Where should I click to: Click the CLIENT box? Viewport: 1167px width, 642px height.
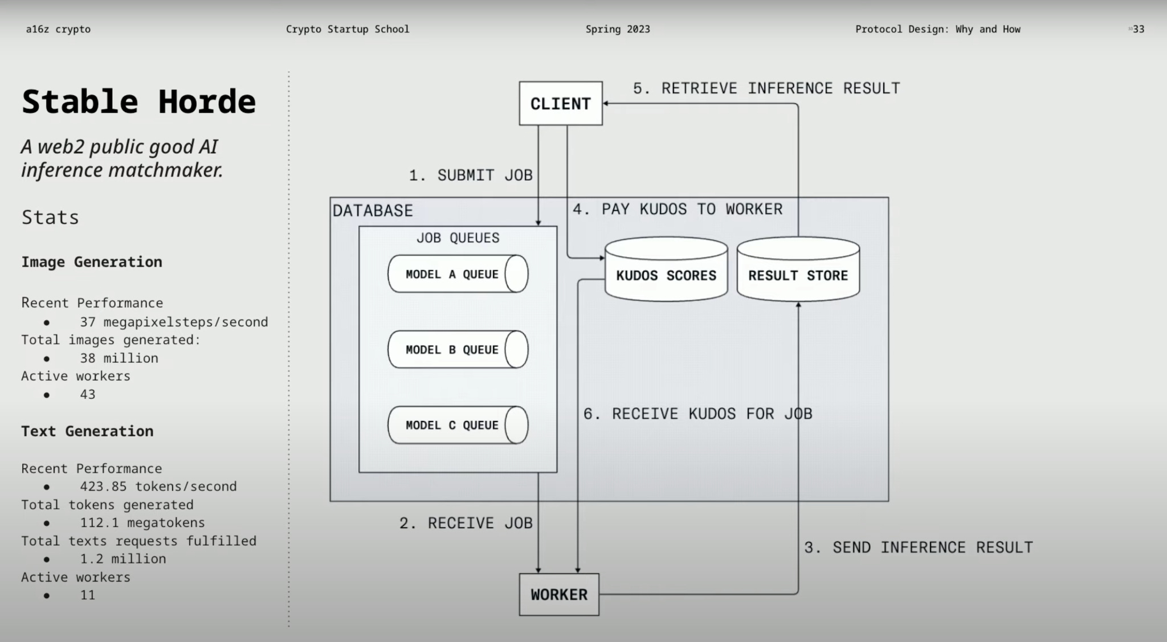(560, 104)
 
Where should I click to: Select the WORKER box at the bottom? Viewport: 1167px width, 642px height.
(558, 595)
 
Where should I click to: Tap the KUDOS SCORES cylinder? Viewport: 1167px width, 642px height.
(666, 275)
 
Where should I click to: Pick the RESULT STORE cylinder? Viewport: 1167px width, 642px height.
(798, 275)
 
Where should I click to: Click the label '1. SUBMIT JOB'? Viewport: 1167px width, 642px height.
(471, 175)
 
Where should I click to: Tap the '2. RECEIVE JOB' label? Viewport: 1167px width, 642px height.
(466, 523)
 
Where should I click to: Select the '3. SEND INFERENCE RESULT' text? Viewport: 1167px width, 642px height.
(918, 547)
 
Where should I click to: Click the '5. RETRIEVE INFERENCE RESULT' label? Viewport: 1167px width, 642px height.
(766, 88)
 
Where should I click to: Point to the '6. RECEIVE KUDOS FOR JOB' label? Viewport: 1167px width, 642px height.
(697, 414)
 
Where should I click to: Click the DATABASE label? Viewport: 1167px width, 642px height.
(373, 211)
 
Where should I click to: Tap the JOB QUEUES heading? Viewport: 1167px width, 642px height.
(458, 238)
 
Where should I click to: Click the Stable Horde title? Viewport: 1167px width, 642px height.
(138, 102)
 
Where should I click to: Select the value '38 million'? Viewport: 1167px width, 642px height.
(119, 358)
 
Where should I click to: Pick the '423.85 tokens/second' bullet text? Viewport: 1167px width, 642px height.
(158, 486)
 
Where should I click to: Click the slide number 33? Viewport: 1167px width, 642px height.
(1138, 29)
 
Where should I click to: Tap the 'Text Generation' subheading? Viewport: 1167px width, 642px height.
(87, 431)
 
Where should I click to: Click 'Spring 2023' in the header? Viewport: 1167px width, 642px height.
(618, 29)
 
